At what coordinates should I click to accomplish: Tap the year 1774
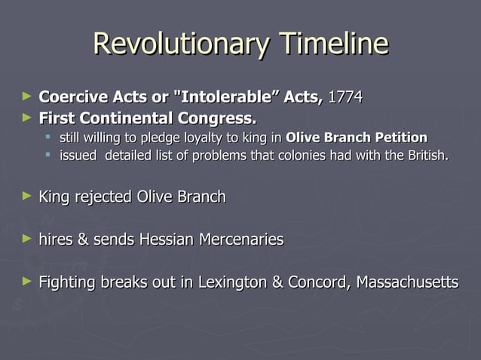pos(345,97)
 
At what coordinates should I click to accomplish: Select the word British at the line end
pos(427,156)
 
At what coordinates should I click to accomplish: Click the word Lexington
pos(231,282)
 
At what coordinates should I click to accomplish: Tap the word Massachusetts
pos(407,282)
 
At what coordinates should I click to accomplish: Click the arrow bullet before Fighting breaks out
pos(28,281)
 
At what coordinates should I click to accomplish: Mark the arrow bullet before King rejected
pos(28,196)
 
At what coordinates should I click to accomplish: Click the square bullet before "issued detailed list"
pos(47,155)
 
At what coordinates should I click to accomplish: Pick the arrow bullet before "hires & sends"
pos(28,238)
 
